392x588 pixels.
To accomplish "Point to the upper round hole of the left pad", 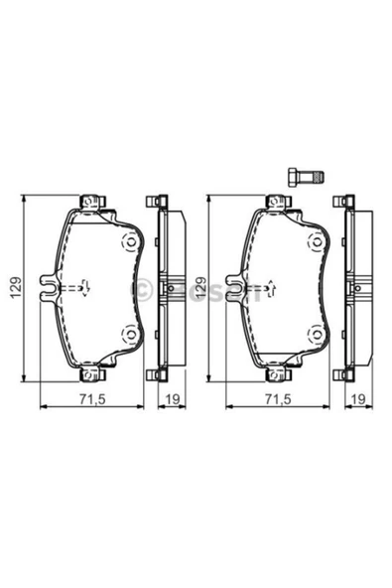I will click(x=127, y=243).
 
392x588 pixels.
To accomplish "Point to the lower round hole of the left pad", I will click(x=127, y=334).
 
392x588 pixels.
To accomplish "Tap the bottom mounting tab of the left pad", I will click(x=90, y=375).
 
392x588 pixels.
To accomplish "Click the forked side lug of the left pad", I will click(x=45, y=288).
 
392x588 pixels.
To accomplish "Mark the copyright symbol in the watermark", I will click(x=143, y=289).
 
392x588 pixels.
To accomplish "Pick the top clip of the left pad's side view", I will click(x=154, y=202).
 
